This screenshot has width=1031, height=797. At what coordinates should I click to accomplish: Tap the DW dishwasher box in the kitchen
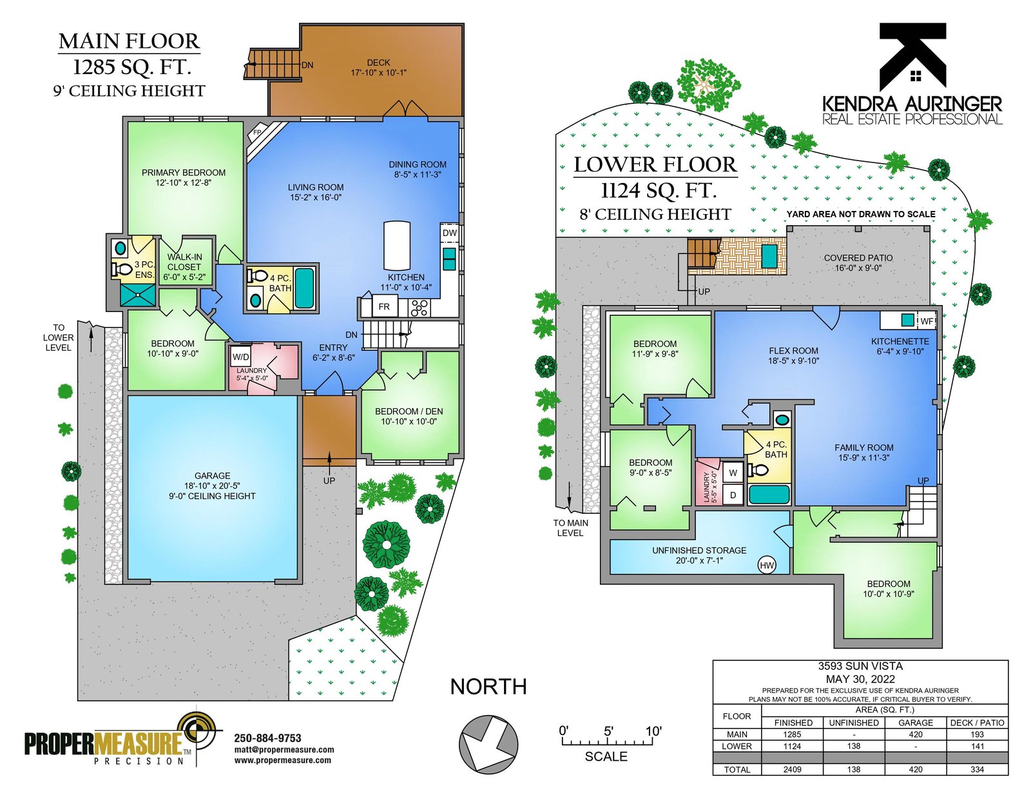(x=449, y=233)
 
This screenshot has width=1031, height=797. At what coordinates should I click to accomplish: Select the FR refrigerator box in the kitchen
(x=384, y=307)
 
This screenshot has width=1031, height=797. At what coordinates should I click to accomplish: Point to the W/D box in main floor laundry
(x=240, y=357)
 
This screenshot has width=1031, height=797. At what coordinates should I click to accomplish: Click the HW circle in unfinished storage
(x=767, y=565)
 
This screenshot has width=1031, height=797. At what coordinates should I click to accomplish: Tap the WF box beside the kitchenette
(x=926, y=321)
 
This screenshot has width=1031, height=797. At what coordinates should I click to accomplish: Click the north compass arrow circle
(x=488, y=743)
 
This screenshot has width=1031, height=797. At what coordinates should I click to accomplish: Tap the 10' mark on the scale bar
(x=653, y=731)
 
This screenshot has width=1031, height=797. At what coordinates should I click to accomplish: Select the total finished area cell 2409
(x=792, y=770)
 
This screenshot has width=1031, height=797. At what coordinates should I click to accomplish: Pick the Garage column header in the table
(x=915, y=723)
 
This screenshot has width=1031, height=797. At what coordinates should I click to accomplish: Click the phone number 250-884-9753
(x=267, y=738)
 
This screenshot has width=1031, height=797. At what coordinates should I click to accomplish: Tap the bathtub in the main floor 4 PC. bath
(x=304, y=288)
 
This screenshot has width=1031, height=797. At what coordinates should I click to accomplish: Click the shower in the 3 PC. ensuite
(x=138, y=295)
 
